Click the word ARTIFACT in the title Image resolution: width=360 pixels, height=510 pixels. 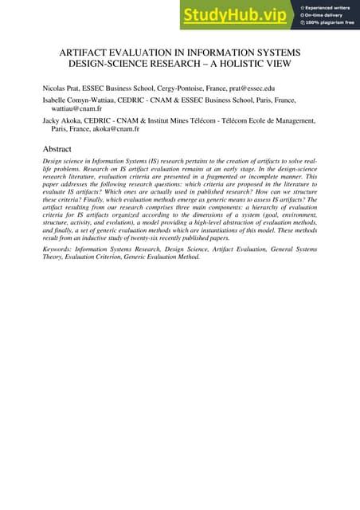[90, 52]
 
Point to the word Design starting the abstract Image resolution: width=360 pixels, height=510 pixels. [53, 161]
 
